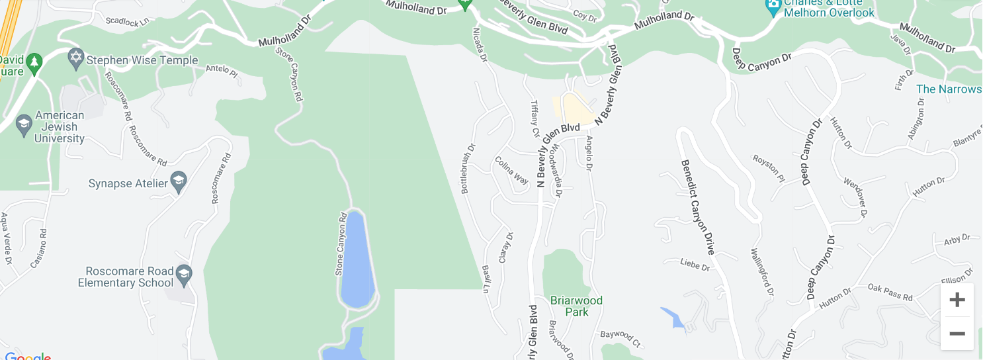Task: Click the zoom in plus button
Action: point(957,300)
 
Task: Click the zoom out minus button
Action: point(957,334)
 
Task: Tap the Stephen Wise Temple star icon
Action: point(76,58)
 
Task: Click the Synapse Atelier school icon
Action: point(178,182)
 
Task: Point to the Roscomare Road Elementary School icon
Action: point(184,274)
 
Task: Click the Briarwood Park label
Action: point(576,306)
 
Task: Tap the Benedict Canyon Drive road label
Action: point(698,207)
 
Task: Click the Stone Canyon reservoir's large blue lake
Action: point(357,258)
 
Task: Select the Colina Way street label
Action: point(512,170)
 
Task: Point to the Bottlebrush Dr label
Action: point(467,169)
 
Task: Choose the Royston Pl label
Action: point(769,168)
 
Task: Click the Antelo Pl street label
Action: point(221,69)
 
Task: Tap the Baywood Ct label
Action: point(620,339)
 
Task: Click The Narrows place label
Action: point(949,89)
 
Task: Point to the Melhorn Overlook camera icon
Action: point(773,8)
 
